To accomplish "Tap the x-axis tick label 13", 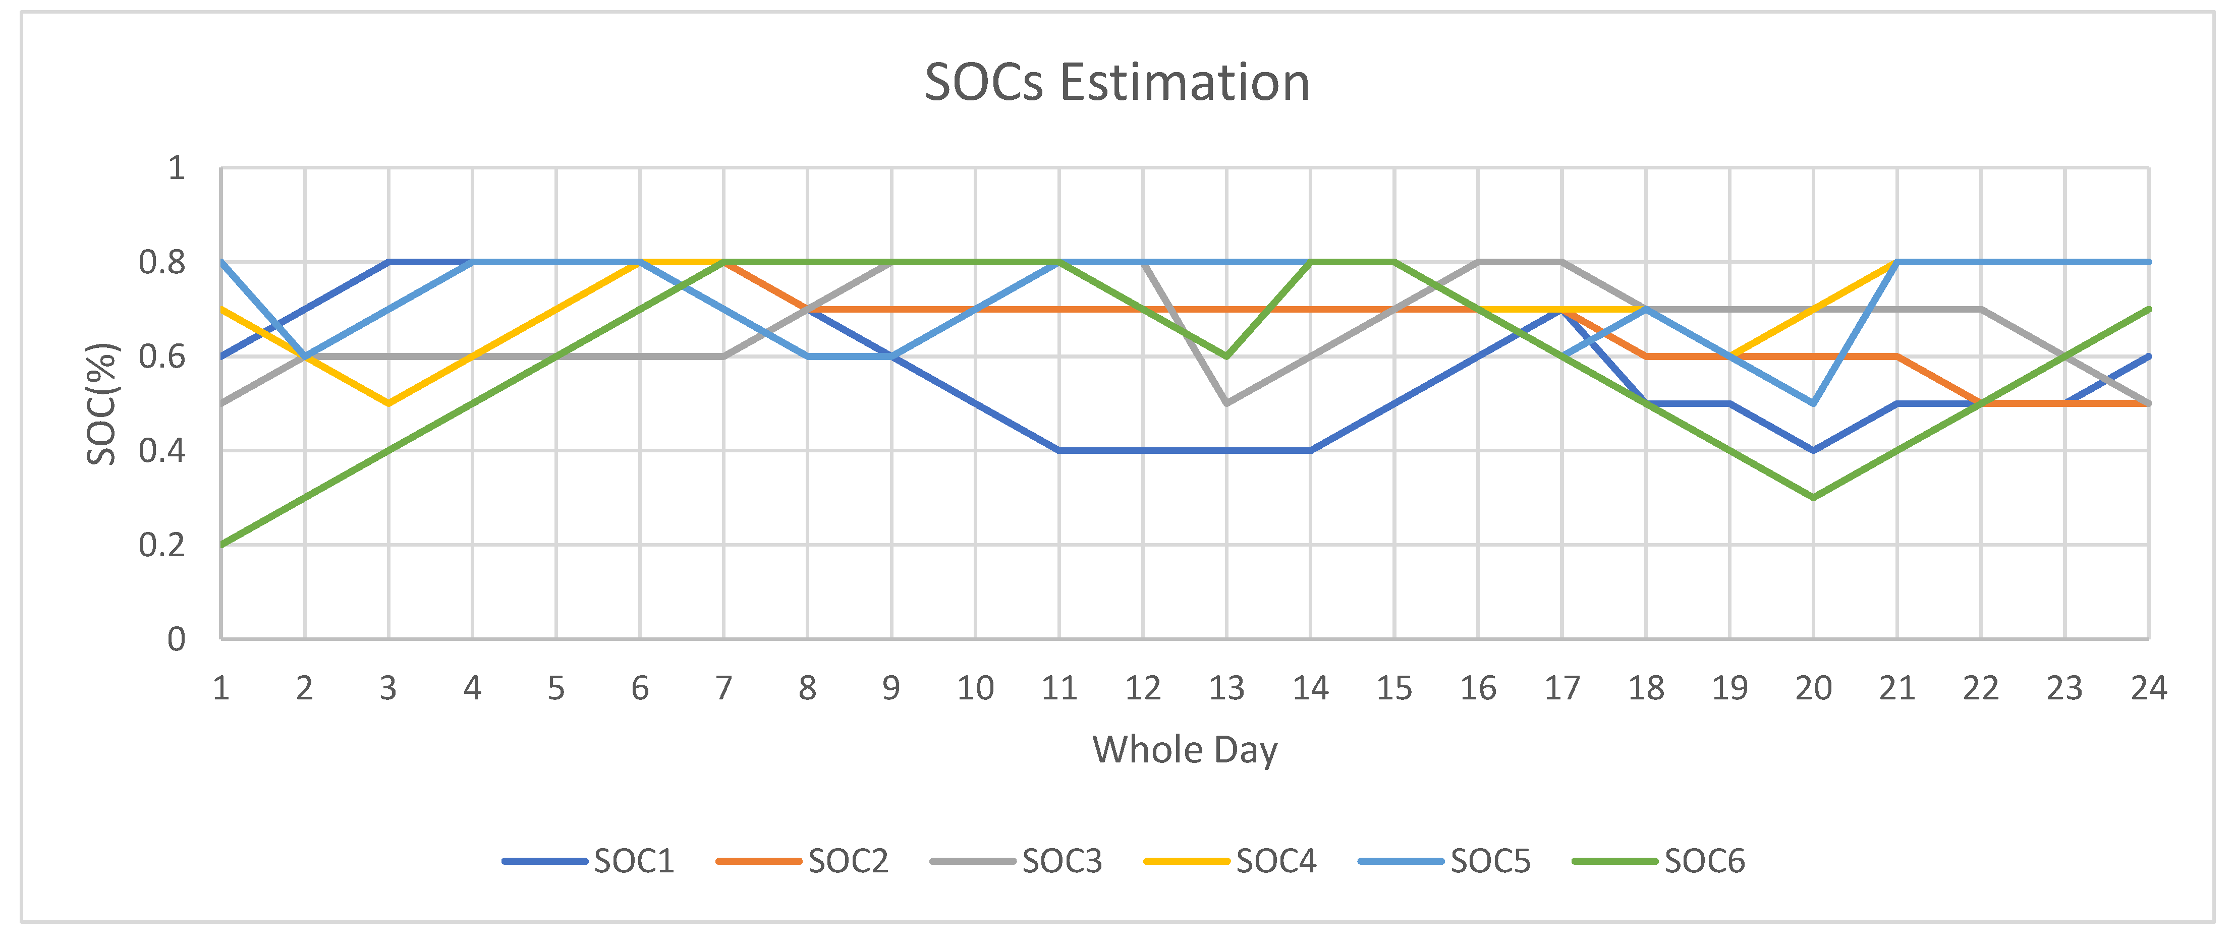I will tap(1226, 688).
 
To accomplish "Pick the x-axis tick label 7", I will tap(723, 688).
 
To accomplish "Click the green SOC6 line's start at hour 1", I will tap(222, 545).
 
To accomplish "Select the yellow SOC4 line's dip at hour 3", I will tap(388, 403).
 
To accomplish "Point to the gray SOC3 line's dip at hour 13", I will tap(1226, 403).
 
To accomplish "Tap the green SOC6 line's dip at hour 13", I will tap(1226, 356).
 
